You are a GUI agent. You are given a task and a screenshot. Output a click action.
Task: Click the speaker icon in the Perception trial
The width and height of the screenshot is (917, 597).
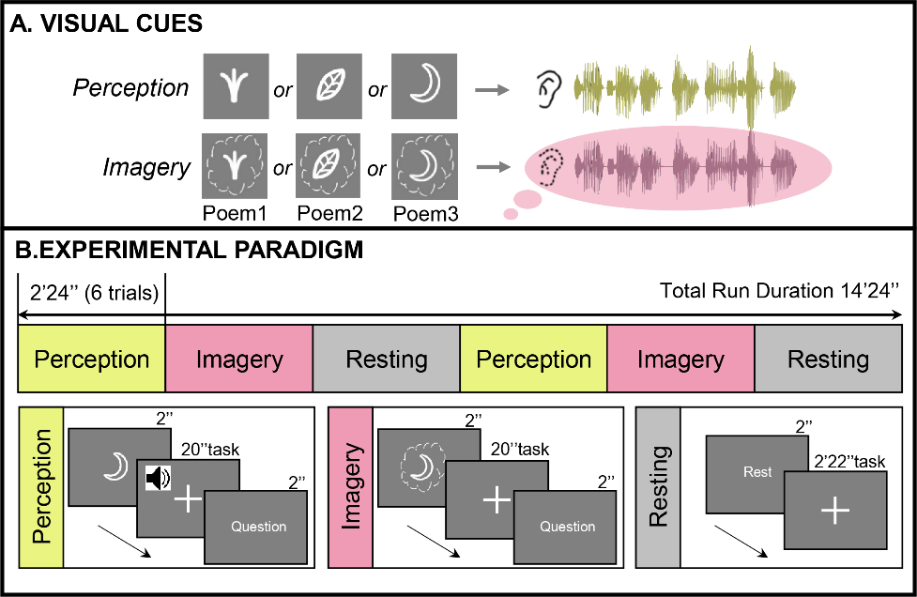pos(158,480)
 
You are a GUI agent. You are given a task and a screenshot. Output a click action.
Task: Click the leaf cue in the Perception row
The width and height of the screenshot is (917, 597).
pos(329,86)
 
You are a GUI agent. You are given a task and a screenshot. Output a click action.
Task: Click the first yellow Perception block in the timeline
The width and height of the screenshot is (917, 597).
pos(91,360)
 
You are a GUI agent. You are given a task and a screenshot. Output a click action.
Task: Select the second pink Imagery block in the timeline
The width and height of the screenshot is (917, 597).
pos(680,360)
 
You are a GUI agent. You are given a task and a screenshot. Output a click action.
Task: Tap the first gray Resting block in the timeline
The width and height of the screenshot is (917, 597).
pos(386,360)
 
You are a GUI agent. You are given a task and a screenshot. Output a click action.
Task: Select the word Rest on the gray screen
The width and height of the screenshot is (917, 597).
pos(757,472)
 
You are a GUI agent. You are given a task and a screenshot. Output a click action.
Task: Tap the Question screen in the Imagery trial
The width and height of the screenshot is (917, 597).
pos(567,527)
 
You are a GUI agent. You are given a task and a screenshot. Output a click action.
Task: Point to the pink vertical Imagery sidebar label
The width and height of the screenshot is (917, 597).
pos(352,487)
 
